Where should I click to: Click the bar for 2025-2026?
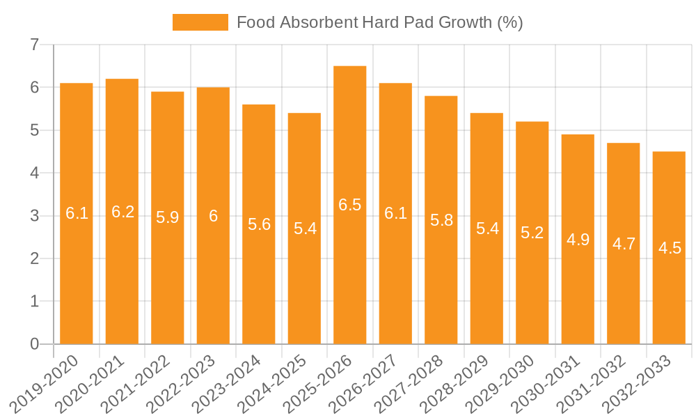[x=350, y=205]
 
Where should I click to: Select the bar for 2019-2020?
[x=77, y=213]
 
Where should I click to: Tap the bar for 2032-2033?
[x=669, y=247]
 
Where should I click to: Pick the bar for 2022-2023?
[x=213, y=215]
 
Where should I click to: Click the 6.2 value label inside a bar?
[x=122, y=212]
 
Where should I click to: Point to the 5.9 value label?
[x=168, y=217]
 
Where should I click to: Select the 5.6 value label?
[x=259, y=224]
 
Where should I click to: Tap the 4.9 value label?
[x=578, y=240]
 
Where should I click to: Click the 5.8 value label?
[x=441, y=220]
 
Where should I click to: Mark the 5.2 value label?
[x=532, y=233]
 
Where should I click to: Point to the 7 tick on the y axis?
[x=34, y=45]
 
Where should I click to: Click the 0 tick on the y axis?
[x=34, y=344]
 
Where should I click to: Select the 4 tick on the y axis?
[x=34, y=173]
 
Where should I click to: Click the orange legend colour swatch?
[x=200, y=22]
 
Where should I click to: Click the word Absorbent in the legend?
[x=318, y=22]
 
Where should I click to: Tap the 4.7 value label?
[x=624, y=244]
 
